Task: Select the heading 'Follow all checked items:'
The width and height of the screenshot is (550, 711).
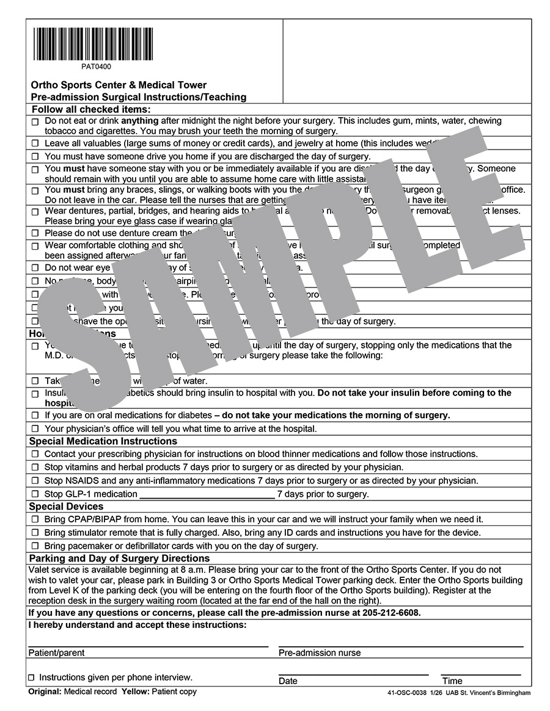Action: coord(90,109)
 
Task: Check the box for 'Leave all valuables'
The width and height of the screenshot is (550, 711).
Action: coord(35,143)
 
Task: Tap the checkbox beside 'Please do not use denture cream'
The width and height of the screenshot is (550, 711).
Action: coord(35,233)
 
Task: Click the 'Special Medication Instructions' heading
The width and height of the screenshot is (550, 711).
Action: coord(103,441)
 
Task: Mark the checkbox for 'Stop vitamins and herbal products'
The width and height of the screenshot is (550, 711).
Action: coord(35,467)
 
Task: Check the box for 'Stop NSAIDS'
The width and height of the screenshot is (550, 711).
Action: coord(35,481)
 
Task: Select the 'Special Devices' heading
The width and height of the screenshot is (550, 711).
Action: coord(67,507)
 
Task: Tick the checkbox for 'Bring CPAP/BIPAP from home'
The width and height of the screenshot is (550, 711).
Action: coord(35,519)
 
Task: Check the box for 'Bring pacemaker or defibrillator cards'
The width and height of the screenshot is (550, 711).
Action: coord(35,546)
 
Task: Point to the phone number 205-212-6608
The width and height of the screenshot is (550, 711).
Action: coord(389,613)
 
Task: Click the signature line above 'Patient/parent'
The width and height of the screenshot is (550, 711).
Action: coord(148,645)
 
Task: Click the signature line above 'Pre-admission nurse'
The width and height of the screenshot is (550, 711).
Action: coord(401,645)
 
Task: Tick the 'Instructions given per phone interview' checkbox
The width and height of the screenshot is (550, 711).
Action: coord(32,678)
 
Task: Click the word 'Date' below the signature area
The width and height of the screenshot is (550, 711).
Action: coord(288,681)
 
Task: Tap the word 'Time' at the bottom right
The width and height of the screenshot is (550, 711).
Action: coord(452,681)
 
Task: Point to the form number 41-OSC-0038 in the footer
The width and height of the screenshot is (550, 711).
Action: coord(408,693)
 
